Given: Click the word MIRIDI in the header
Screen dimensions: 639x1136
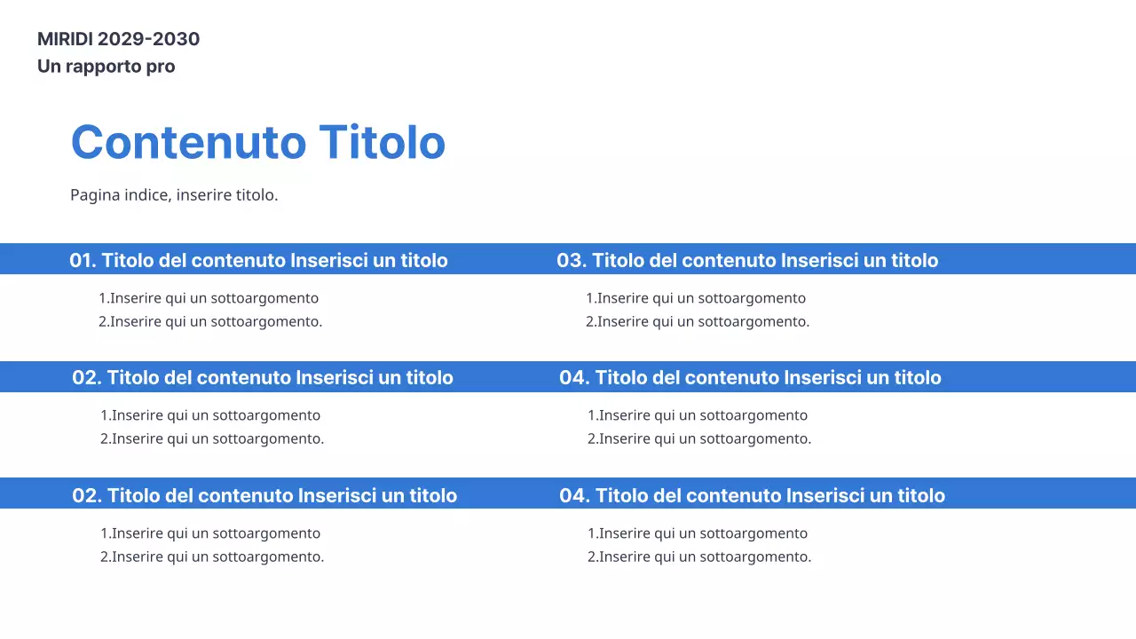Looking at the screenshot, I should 65,39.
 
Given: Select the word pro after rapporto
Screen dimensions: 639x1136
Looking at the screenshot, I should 161,67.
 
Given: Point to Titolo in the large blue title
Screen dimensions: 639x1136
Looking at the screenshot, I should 382,142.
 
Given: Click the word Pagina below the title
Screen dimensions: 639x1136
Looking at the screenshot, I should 95,195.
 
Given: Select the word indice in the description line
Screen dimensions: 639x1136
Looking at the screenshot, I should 147,195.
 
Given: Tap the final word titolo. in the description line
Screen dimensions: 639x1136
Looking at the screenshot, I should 256,195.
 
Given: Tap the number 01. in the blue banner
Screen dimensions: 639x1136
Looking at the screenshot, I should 83,260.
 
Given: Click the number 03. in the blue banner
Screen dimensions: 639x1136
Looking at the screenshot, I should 572,260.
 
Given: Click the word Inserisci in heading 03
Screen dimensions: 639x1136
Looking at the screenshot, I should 819,260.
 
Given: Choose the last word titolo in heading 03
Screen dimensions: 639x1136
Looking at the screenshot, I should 912,260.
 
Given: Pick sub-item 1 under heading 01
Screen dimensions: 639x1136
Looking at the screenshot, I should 209,298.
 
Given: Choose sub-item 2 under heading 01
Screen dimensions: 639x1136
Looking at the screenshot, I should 210,321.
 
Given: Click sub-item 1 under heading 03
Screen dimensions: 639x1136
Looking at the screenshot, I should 696,298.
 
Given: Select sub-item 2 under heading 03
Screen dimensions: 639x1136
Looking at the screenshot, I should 698,321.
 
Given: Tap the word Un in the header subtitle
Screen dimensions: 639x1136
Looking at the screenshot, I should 49,67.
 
